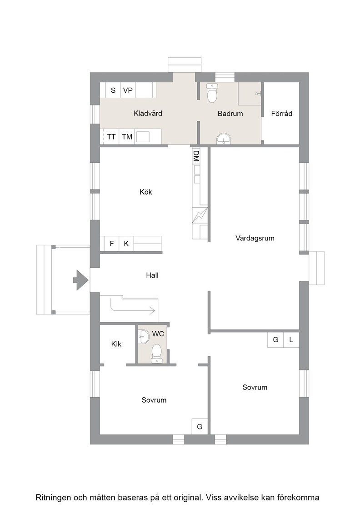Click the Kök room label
(x=146, y=192)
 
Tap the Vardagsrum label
(x=255, y=238)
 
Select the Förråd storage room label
(x=281, y=114)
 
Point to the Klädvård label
(x=148, y=113)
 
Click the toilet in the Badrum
(x=212, y=93)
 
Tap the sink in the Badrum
(x=223, y=138)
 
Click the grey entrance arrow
(x=80, y=280)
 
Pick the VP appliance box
(x=128, y=90)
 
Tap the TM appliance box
(x=127, y=137)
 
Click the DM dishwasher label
(x=196, y=156)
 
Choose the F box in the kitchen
(x=112, y=244)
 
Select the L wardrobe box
(x=291, y=340)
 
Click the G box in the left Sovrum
(x=200, y=427)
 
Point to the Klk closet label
(x=116, y=344)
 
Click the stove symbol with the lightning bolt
(x=200, y=215)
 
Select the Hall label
(x=152, y=275)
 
